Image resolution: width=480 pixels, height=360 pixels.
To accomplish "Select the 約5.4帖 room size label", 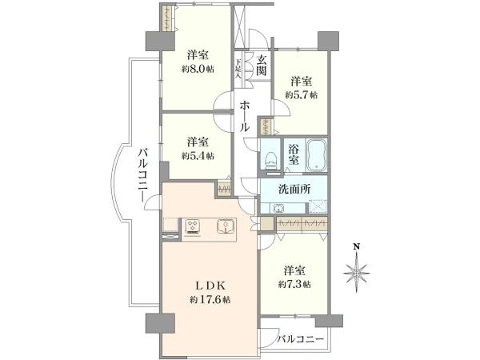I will (x=197, y=156).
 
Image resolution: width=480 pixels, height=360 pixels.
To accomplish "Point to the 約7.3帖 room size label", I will (x=295, y=285).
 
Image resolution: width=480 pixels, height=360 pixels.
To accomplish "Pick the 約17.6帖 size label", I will (x=210, y=300).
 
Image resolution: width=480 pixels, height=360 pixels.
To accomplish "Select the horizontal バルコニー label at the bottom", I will (x=301, y=339).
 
